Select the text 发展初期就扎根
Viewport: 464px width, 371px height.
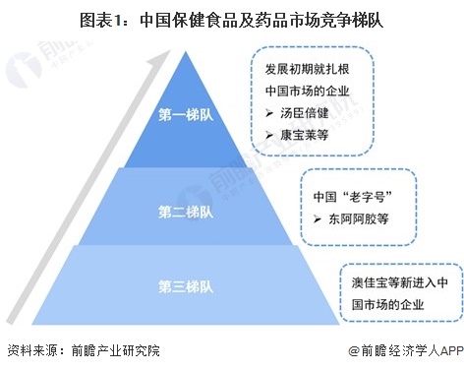pos(307,71)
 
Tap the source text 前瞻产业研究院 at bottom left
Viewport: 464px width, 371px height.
pos(109,350)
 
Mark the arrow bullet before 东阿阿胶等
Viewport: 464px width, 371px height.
pos(319,216)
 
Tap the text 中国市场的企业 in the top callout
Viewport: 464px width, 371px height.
pos(307,92)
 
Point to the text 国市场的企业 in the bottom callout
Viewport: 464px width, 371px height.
pos(387,303)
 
